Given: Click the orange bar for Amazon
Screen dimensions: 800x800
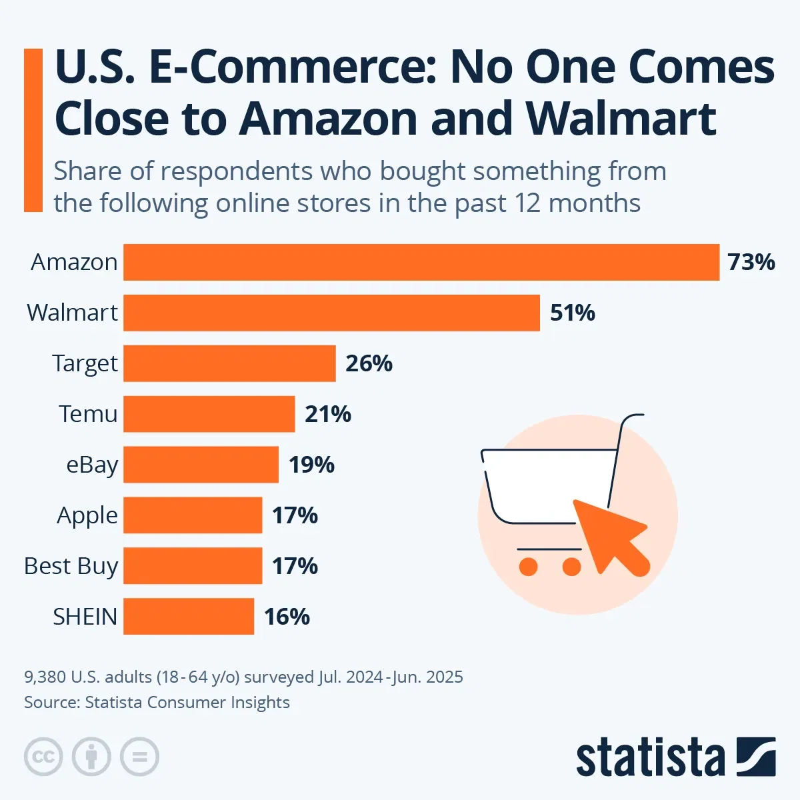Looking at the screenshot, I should tap(421, 262).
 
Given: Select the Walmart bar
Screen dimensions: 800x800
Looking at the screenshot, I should tap(331, 313).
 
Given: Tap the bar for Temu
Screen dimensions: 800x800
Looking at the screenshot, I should tap(209, 414).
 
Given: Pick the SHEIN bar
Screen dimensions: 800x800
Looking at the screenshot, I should tap(189, 617).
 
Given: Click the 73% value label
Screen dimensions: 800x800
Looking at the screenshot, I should tap(751, 262).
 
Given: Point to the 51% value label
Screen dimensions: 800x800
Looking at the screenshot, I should tap(572, 313).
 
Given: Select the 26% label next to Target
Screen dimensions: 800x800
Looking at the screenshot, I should tap(369, 363).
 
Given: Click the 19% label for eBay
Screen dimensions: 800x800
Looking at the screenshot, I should tap(311, 465).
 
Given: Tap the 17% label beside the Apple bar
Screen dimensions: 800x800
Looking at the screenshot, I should tap(295, 515).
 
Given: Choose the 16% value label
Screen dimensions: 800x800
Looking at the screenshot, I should tap(287, 617).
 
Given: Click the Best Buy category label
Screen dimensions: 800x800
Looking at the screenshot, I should tap(71, 566).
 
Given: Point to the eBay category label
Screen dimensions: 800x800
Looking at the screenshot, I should tap(92, 465).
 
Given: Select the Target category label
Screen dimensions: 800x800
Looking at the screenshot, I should tap(85, 363).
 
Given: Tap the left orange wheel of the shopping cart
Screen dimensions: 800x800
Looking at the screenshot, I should tap(529, 567).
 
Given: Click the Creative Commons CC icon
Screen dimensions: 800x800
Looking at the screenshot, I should tap(43, 757).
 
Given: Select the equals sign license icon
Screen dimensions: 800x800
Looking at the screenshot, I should tap(139, 757).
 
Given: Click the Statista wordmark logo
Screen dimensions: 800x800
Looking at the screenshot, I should tap(650, 758).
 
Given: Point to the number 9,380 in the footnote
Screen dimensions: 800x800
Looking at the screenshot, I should tap(45, 677).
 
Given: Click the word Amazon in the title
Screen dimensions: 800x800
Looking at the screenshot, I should tap(328, 119).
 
